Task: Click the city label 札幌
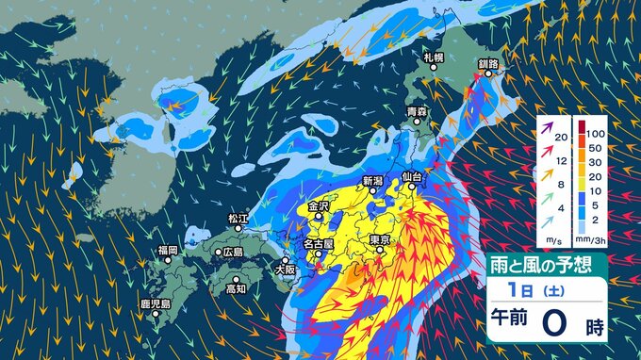[x=434, y=58]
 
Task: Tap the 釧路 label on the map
[x=487, y=64]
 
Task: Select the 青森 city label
[x=416, y=112]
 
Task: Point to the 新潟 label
[x=373, y=180]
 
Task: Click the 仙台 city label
[x=411, y=176]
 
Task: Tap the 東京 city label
[x=381, y=240]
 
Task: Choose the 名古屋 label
[x=318, y=244]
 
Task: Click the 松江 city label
[x=238, y=219]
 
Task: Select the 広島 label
[x=232, y=252]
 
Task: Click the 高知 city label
[x=236, y=288]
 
